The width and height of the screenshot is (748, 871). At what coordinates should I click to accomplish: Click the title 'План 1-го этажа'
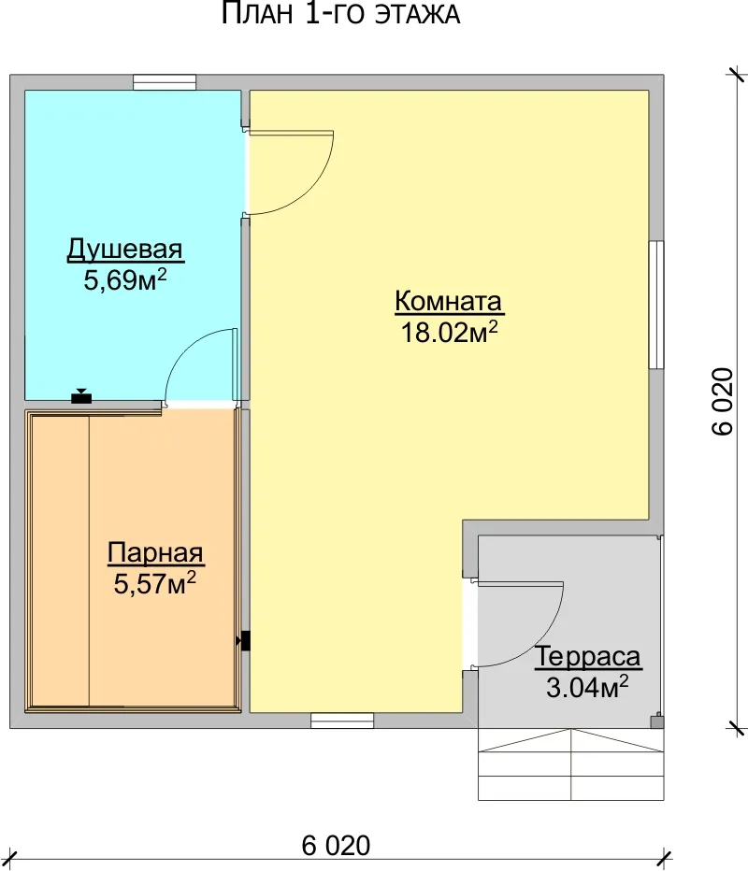click(340, 14)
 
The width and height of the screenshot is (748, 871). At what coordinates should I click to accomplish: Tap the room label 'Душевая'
click(125, 250)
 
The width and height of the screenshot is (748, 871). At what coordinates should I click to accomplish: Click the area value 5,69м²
click(125, 279)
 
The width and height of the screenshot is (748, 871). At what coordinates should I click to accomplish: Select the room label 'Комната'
click(449, 301)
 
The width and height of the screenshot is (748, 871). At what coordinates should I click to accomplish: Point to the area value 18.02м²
click(449, 332)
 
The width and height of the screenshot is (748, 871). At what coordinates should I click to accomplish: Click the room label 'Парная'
click(155, 552)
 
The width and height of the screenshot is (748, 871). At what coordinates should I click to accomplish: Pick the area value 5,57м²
click(155, 583)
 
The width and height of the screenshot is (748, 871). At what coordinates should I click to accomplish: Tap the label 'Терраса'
click(587, 656)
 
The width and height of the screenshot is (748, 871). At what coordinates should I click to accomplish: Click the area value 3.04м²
click(587, 687)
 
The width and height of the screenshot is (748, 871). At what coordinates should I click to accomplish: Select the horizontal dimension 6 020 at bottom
click(336, 846)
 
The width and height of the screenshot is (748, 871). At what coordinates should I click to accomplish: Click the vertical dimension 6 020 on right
click(723, 401)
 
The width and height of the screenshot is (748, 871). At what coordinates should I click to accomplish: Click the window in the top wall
click(165, 82)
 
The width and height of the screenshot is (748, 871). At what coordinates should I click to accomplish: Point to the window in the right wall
click(656, 305)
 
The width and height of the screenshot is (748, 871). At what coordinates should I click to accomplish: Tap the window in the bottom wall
click(342, 721)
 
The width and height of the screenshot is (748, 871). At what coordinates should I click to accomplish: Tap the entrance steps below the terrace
click(571, 764)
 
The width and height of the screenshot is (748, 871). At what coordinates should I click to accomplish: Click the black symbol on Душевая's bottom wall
click(81, 396)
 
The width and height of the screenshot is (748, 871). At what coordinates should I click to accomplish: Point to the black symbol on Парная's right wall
click(243, 640)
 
